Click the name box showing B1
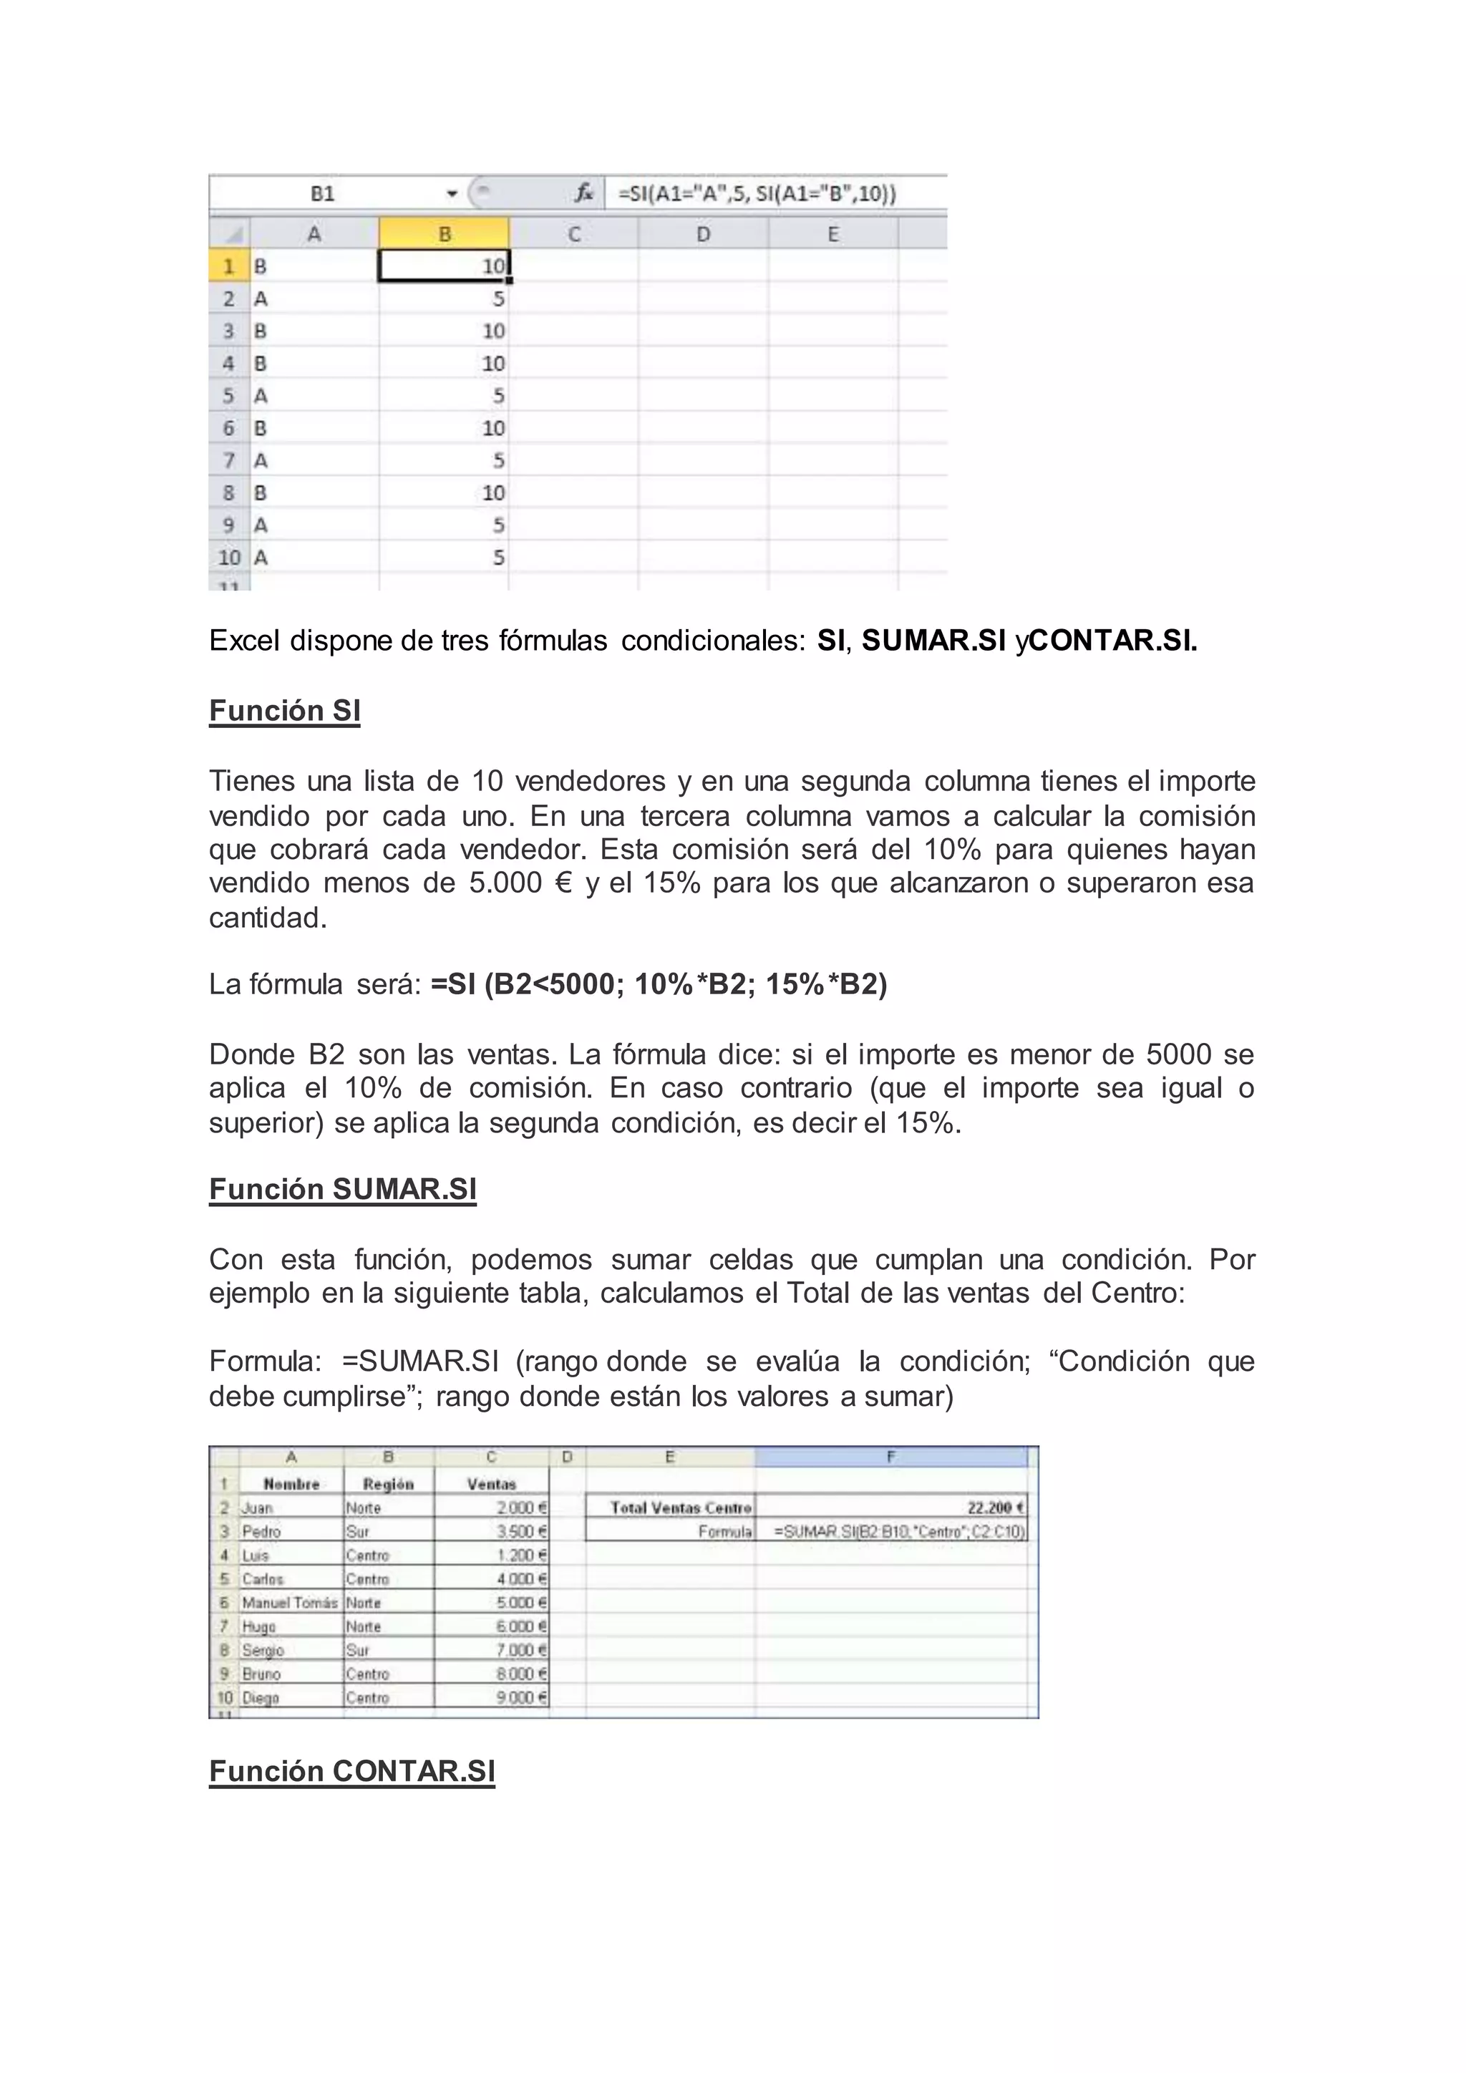pyautogui.click(x=322, y=193)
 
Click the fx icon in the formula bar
pyautogui.click(x=584, y=193)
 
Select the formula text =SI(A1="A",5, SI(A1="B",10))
pyautogui.click(x=757, y=193)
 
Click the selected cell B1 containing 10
pyautogui.click(x=444, y=266)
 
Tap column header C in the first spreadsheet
pyautogui.click(x=573, y=234)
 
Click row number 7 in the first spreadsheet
pyautogui.click(x=229, y=460)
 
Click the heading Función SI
pyautogui.click(x=284, y=711)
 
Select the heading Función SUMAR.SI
pyautogui.click(x=342, y=1189)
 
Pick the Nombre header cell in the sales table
pyautogui.click(x=291, y=1483)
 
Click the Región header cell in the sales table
pyautogui.click(x=388, y=1483)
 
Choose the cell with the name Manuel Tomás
pyautogui.click(x=290, y=1603)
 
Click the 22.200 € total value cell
pyautogui.click(x=891, y=1507)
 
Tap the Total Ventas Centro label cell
pyautogui.click(x=671, y=1507)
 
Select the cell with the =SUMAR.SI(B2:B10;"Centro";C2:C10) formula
pyautogui.click(x=899, y=1531)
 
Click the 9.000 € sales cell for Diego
pyautogui.click(x=492, y=1697)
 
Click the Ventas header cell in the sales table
pyautogui.click(x=491, y=1483)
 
